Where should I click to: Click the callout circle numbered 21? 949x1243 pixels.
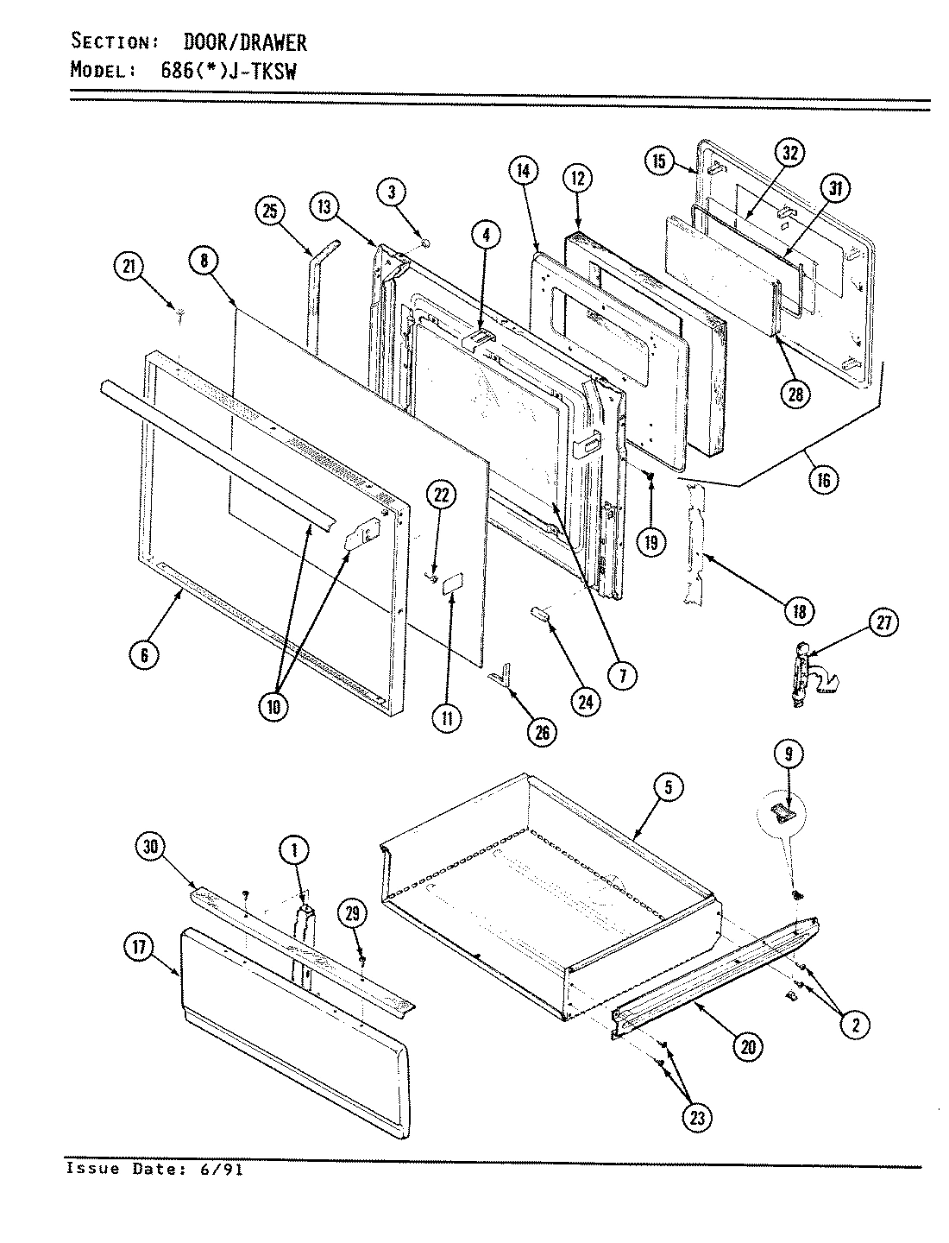(x=127, y=268)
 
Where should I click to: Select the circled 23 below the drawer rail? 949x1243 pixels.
(x=696, y=1118)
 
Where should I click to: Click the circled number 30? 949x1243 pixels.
(x=150, y=849)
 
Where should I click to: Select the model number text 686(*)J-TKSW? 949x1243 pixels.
(x=229, y=72)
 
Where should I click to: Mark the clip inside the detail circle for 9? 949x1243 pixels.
(x=782, y=811)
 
